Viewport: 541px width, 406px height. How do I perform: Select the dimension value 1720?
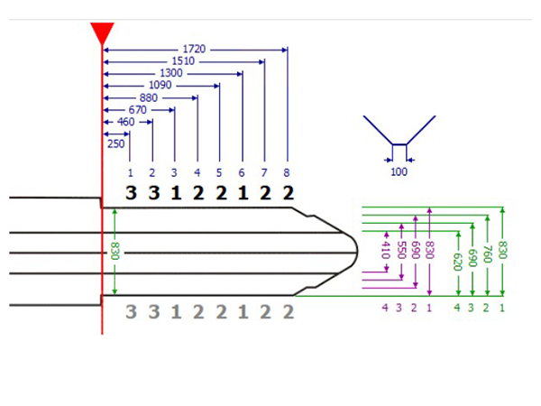(x=194, y=49)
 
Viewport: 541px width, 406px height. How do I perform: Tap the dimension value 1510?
(x=183, y=61)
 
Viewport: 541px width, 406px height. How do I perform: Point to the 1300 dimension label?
(x=171, y=73)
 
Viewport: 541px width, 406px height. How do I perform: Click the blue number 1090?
(x=160, y=85)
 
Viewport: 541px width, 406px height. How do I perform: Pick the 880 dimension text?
(x=149, y=98)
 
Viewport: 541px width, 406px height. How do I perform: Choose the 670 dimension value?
(x=138, y=110)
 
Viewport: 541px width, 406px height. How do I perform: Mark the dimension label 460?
(x=126, y=122)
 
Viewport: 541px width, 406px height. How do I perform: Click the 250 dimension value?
(x=116, y=143)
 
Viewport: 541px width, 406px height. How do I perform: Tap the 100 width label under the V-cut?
(x=399, y=171)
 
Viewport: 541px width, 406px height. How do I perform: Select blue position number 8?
(x=287, y=172)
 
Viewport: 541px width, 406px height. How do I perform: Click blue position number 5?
(x=219, y=172)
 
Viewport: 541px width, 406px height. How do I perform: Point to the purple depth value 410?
(x=386, y=250)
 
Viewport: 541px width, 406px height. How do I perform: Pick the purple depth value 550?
(x=400, y=250)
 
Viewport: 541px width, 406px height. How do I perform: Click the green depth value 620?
(x=457, y=262)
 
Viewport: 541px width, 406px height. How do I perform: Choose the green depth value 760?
(x=487, y=254)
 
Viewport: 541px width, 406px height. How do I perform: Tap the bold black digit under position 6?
(x=243, y=193)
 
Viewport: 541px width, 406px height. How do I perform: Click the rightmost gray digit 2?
(x=289, y=312)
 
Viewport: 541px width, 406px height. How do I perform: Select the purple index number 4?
(x=385, y=308)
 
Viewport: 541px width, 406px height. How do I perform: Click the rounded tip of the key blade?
(x=357, y=252)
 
